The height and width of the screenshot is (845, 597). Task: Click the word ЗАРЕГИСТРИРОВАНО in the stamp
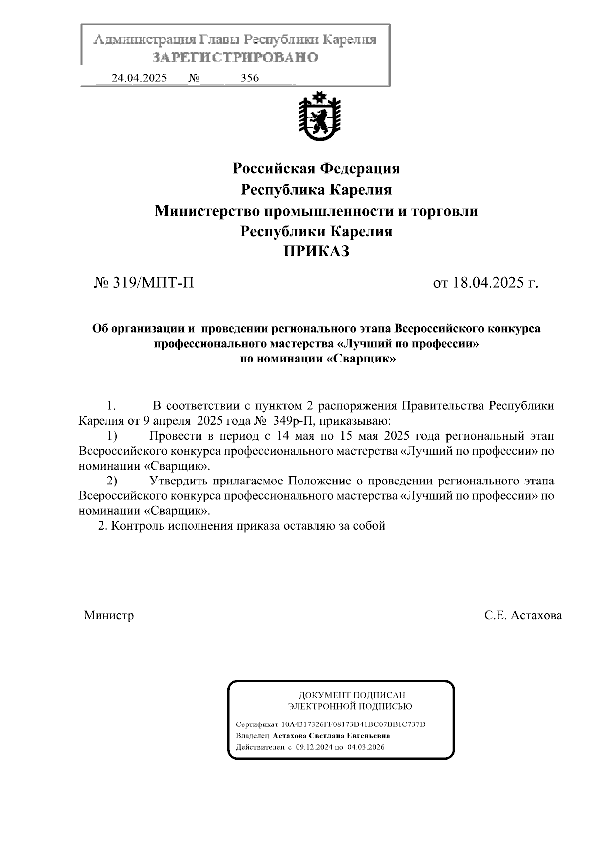tap(235, 58)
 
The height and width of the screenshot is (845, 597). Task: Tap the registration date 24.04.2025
tap(139, 78)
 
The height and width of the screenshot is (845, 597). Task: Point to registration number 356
tap(250, 78)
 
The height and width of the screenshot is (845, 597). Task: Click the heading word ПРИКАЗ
tap(316, 252)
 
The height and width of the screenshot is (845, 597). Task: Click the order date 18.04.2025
tap(489, 283)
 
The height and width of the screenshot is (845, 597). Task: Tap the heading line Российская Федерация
tap(316, 169)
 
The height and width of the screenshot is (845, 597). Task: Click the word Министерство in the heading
tap(207, 211)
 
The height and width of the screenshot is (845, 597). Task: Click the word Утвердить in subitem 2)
tap(178, 481)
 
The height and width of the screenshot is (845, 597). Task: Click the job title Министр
tap(109, 616)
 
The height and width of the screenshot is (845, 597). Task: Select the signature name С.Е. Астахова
tap(523, 616)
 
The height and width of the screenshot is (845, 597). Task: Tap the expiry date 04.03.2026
tap(366, 747)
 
